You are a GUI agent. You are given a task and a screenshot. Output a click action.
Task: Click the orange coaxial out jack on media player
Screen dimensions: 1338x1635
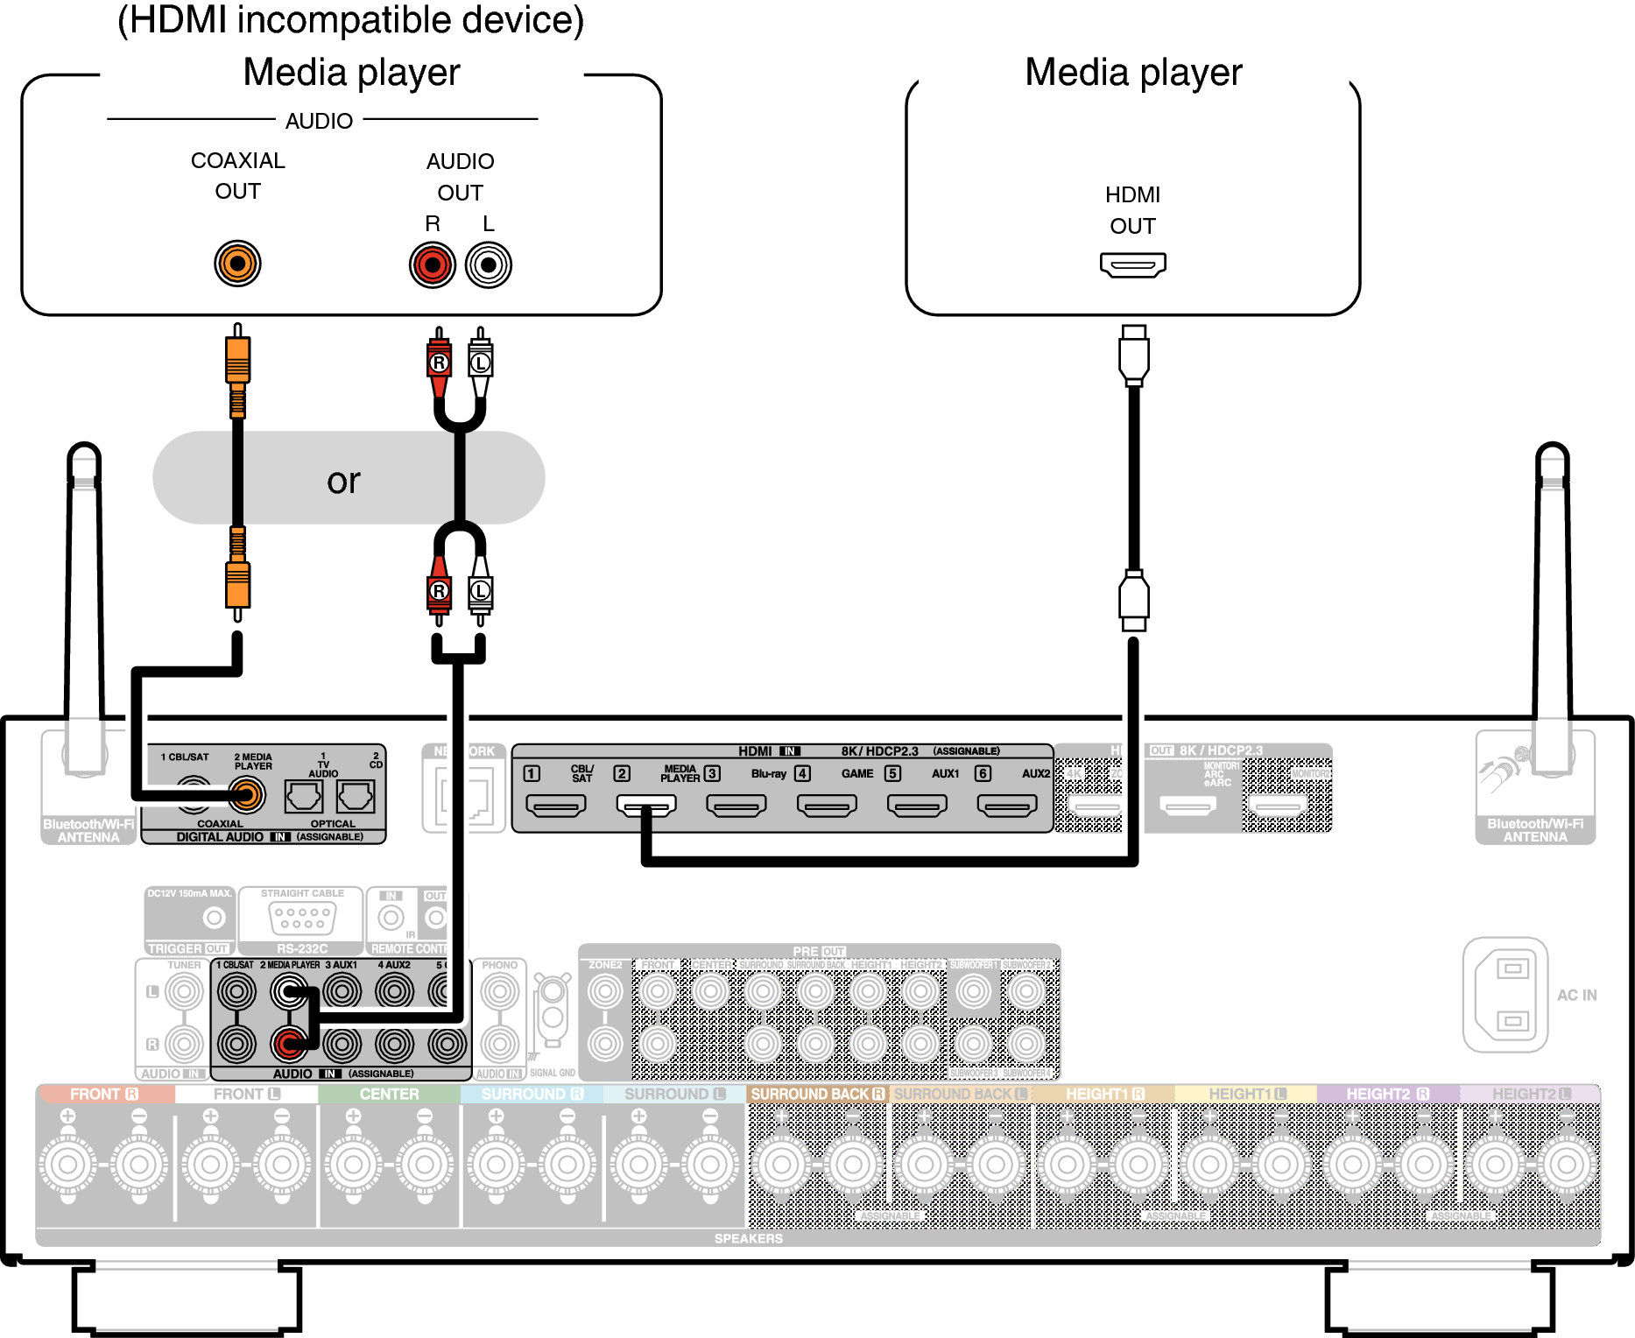[237, 264]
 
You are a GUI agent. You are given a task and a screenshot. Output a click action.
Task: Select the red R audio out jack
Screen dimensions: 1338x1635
[433, 265]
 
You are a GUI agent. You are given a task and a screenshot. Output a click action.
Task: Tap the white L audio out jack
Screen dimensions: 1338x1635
[489, 265]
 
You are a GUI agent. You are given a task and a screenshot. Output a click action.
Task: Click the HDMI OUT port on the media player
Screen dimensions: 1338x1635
[1132, 264]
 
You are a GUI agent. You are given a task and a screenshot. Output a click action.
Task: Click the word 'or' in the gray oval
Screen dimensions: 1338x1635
[343, 481]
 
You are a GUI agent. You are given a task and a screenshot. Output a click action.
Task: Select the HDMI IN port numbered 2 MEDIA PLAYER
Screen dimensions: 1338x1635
[646, 805]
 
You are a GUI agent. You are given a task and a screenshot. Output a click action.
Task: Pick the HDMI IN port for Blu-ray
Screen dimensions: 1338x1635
[736, 805]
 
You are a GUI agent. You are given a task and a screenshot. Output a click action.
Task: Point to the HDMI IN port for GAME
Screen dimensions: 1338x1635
[827, 805]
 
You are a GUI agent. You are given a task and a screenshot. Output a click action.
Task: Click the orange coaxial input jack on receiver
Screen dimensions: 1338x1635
[247, 795]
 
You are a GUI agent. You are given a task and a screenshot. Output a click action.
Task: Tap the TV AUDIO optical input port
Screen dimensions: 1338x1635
[304, 796]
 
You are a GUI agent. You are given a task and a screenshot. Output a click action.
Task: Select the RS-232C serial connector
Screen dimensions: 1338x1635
[301, 918]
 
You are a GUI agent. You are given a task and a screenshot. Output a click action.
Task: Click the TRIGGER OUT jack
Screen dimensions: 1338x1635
[214, 918]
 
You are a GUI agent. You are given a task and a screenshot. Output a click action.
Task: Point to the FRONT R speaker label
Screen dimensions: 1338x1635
[104, 1095]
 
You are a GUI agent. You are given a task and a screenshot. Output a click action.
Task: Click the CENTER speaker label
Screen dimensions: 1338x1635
[389, 1095]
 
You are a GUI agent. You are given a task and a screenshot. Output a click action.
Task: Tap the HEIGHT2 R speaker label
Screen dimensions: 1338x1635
[1387, 1095]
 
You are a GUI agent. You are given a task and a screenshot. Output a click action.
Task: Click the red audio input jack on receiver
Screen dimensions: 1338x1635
[289, 1043]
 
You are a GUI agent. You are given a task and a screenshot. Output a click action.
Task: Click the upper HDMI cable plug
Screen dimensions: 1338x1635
[1133, 355]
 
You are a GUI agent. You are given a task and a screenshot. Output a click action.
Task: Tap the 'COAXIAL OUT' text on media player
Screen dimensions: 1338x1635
[237, 175]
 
